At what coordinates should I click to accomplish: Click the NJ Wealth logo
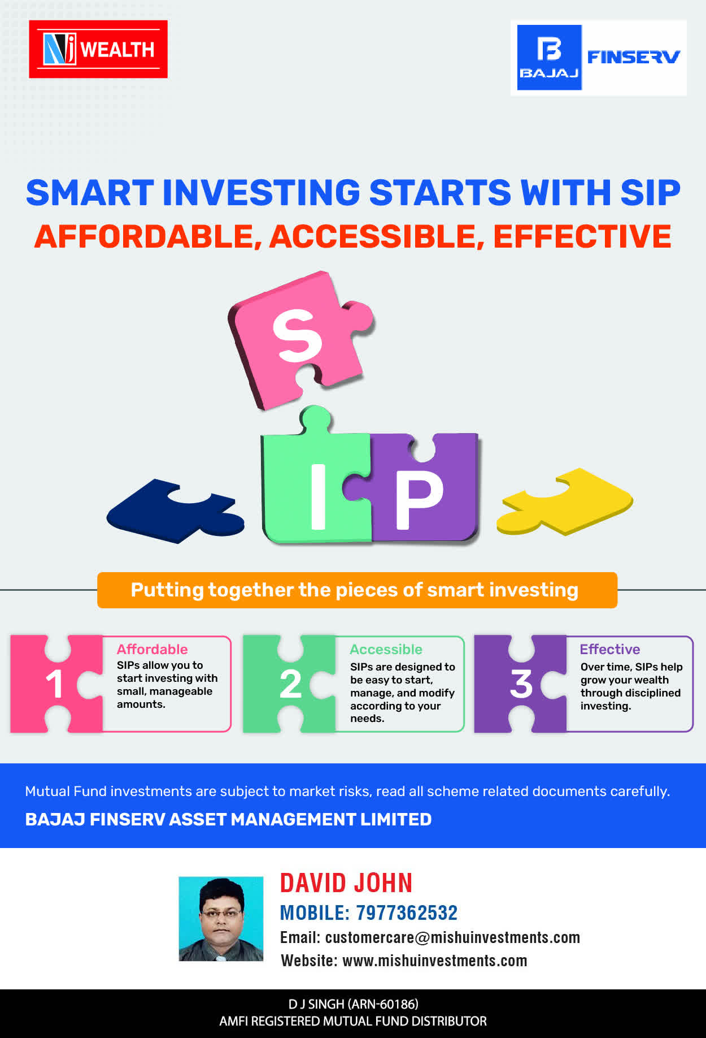[x=98, y=49]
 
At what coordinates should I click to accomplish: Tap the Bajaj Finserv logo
[x=599, y=58]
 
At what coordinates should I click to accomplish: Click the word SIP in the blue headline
[x=650, y=193]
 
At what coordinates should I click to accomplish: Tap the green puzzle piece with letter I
[x=315, y=481]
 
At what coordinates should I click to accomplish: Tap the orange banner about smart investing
[x=357, y=590]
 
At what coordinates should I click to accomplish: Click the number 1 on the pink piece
[x=54, y=684]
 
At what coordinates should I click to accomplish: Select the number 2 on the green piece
[x=291, y=684]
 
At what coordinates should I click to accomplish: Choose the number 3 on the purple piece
[x=521, y=684]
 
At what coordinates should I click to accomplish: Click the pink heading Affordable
[x=152, y=649]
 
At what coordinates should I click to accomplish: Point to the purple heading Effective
[x=610, y=649]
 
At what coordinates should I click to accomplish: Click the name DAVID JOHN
[x=346, y=883]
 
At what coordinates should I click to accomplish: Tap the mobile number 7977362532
[x=407, y=912]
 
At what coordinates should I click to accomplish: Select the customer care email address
[x=452, y=937]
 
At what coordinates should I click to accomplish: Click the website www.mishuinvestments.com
[x=435, y=961]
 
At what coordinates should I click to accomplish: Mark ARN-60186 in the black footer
[x=383, y=1004]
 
